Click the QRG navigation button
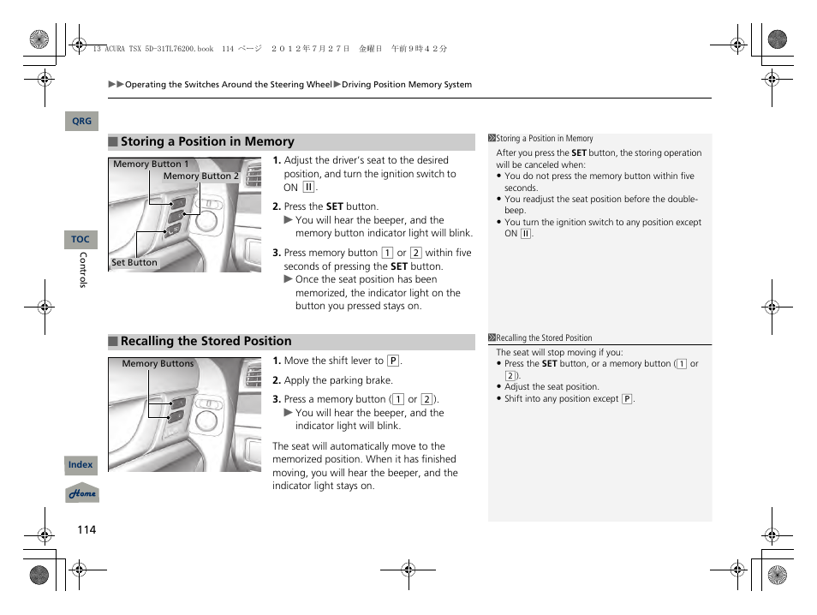click(x=81, y=122)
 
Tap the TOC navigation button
click(x=81, y=240)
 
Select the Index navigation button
click(x=81, y=465)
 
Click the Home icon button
click(x=82, y=494)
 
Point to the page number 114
click(x=86, y=529)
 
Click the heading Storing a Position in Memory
click(x=206, y=142)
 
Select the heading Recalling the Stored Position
click(x=206, y=341)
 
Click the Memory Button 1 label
click(x=151, y=164)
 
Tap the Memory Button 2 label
click(x=200, y=176)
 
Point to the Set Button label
click(x=134, y=263)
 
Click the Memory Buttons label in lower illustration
click(x=158, y=364)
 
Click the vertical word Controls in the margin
click(x=83, y=270)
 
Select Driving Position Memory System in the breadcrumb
click(x=406, y=85)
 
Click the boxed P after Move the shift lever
click(x=393, y=361)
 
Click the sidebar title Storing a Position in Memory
click(x=545, y=139)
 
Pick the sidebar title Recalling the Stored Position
click(x=544, y=338)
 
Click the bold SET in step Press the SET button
click(x=335, y=206)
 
